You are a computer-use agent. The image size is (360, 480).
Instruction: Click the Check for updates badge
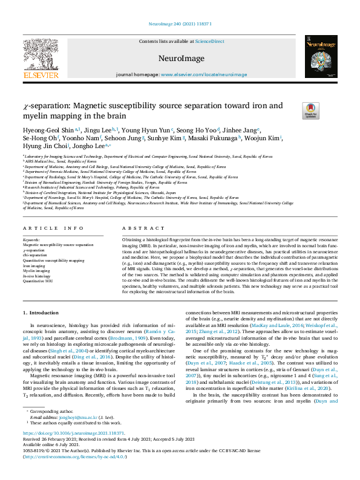310,110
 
